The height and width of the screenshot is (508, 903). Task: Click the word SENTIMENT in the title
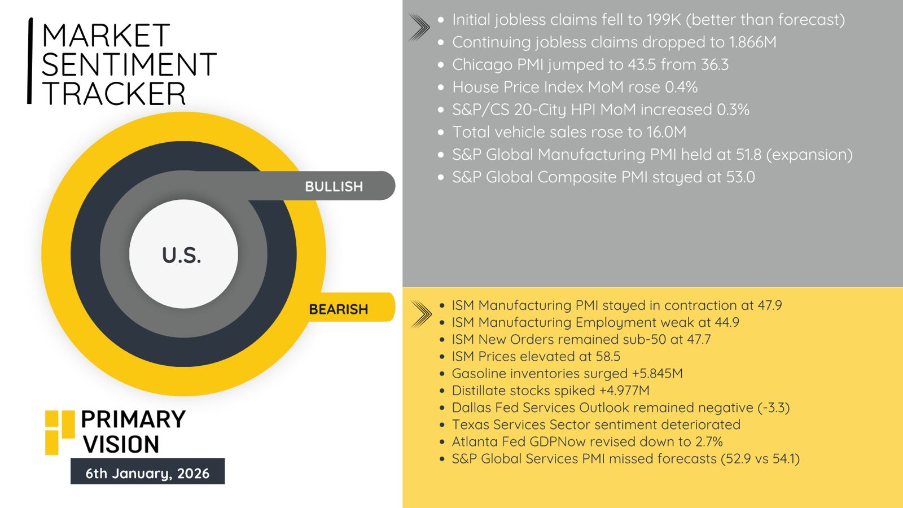pyautogui.click(x=129, y=64)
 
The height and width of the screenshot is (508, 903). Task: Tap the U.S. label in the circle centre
pyautogui.click(x=181, y=256)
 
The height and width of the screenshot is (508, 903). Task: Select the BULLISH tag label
pyautogui.click(x=334, y=187)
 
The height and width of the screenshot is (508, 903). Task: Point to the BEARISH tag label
pyautogui.click(x=338, y=309)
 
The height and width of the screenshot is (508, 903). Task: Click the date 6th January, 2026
pyautogui.click(x=147, y=473)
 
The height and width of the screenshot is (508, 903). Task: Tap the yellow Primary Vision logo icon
pyautogui.click(x=60, y=432)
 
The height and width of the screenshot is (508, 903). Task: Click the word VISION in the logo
pyautogui.click(x=121, y=444)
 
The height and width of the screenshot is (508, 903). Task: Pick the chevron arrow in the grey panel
pyautogui.click(x=419, y=28)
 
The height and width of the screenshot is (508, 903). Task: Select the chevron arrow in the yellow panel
pyautogui.click(x=420, y=314)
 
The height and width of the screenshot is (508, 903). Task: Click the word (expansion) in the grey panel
pyautogui.click(x=809, y=155)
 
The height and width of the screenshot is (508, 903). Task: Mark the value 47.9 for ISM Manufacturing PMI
pyautogui.click(x=770, y=305)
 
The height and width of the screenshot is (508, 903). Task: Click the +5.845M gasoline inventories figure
pyautogui.click(x=657, y=374)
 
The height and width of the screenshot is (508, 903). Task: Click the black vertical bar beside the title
pyautogui.click(x=30, y=61)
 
